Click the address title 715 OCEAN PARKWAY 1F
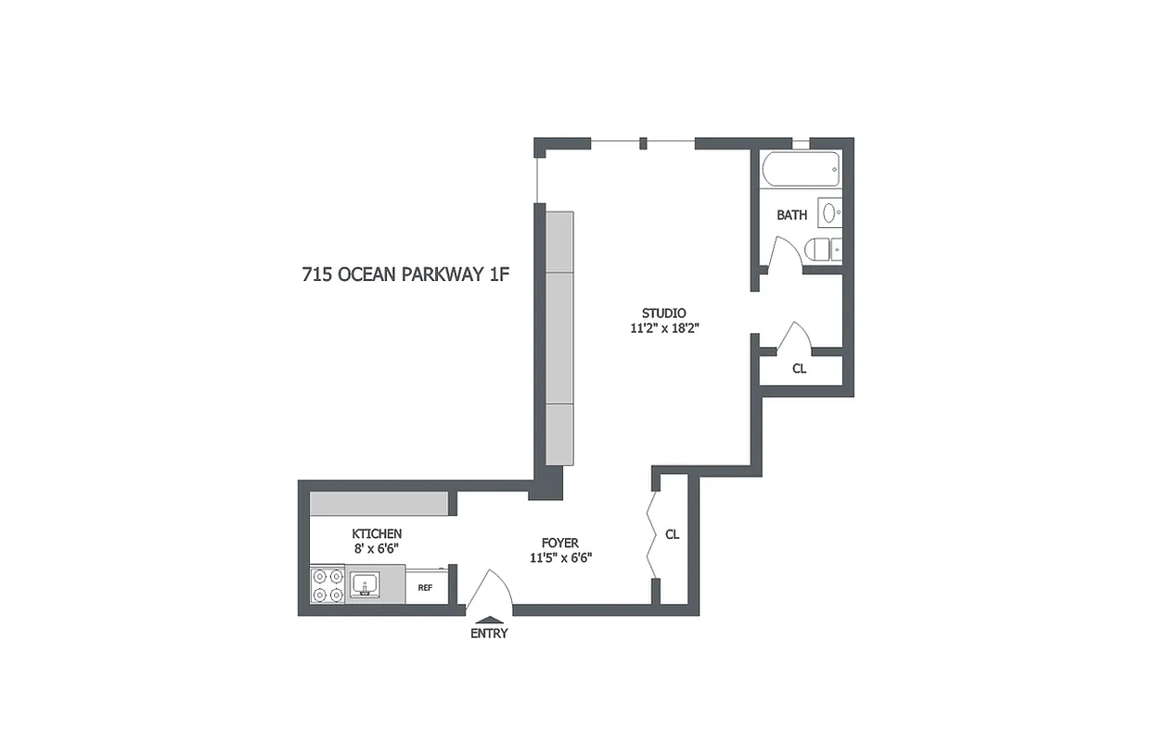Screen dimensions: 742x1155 point(406,275)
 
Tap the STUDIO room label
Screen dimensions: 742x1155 point(663,312)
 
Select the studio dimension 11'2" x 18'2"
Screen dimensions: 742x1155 point(663,327)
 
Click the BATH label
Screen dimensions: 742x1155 point(791,215)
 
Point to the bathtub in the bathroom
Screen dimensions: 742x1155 point(801,170)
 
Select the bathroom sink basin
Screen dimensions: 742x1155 point(829,211)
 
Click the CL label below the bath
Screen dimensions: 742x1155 point(799,368)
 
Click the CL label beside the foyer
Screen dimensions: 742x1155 point(673,535)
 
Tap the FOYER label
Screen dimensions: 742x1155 point(560,543)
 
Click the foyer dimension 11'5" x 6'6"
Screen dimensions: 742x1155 point(560,557)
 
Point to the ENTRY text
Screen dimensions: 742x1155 point(489,633)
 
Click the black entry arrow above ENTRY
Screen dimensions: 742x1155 point(489,620)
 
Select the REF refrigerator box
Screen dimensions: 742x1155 point(426,587)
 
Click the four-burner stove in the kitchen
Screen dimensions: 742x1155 point(328,585)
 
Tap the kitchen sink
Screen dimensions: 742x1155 point(366,585)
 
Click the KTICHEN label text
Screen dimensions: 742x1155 point(377,533)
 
